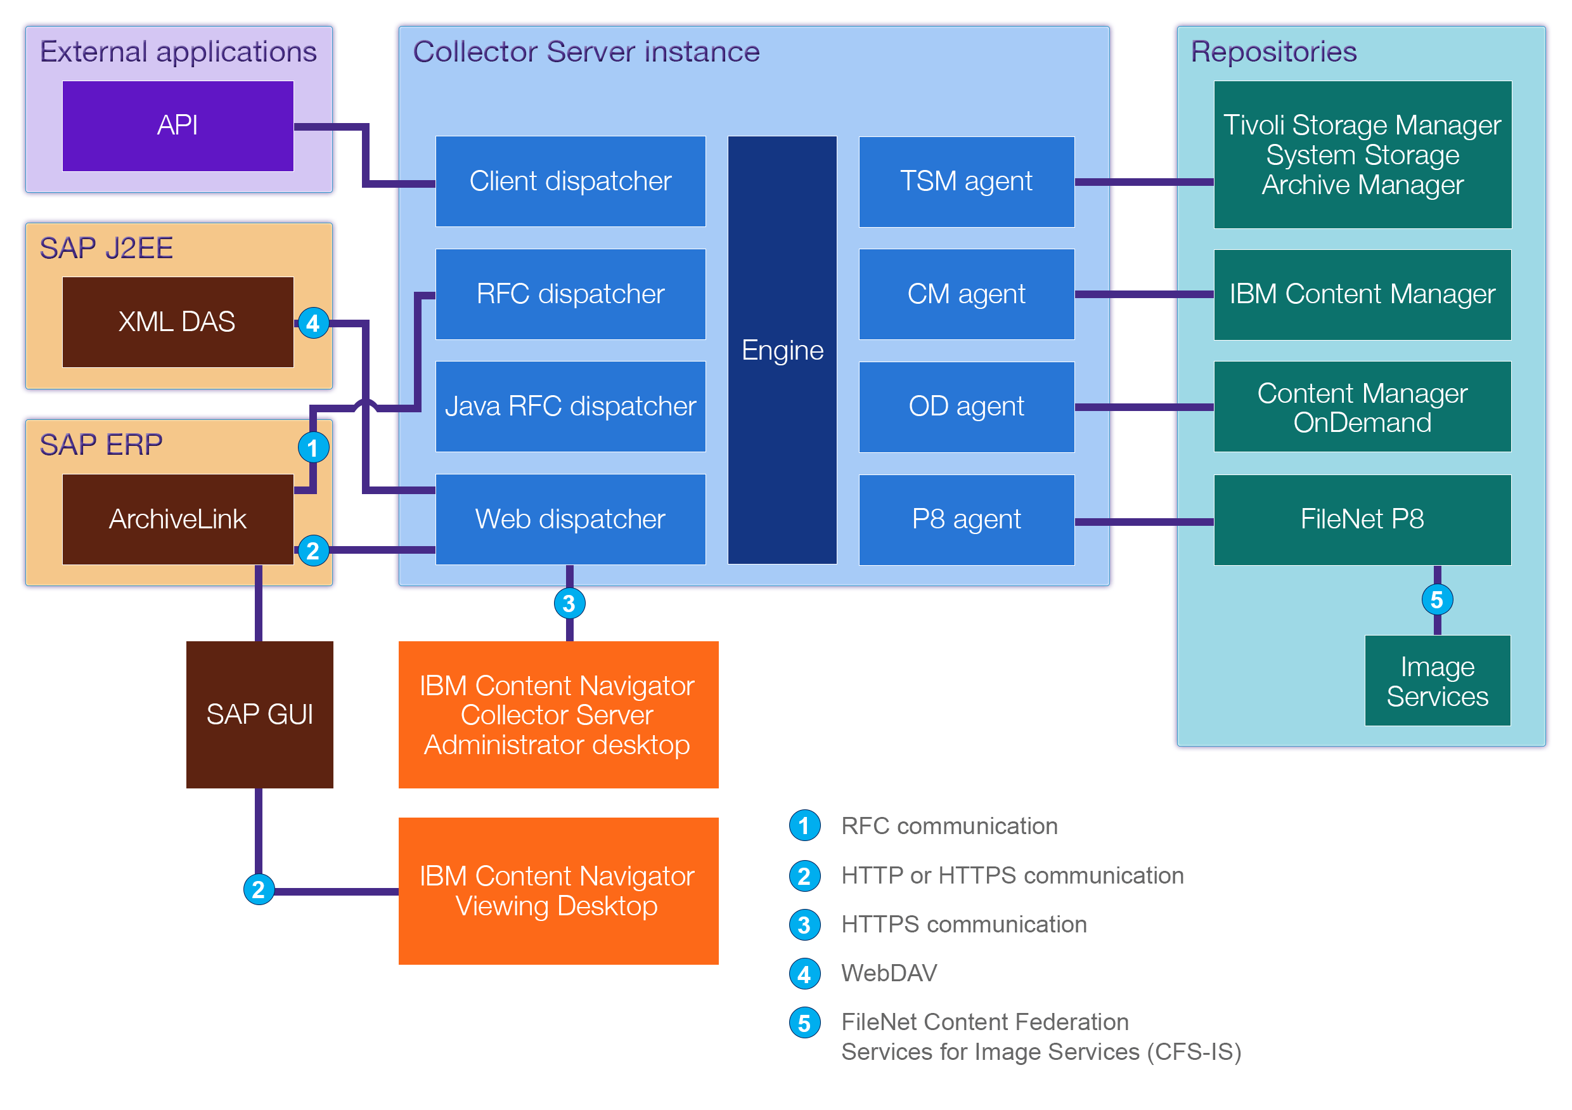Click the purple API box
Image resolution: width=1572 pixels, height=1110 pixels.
click(x=178, y=126)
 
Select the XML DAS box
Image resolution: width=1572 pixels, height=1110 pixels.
click(x=178, y=322)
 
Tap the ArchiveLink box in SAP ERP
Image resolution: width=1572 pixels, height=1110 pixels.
click(x=178, y=519)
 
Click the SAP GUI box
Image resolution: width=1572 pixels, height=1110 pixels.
click(x=259, y=715)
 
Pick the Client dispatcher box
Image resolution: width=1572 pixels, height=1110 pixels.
click(x=570, y=181)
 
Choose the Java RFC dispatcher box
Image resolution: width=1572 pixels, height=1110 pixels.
click(x=570, y=407)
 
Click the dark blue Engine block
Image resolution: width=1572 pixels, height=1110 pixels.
click(x=782, y=350)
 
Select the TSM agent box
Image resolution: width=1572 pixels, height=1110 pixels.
click(x=966, y=181)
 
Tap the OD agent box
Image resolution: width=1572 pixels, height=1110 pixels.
click(x=966, y=407)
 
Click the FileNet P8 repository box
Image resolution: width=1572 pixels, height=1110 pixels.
click(x=1362, y=519)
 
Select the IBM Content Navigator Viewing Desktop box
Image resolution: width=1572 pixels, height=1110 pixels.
click(x=558, y=891)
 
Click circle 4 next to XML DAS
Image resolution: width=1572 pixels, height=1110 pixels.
click(x=313, y=323)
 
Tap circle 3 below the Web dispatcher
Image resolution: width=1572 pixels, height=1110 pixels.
click(x=569, y=604)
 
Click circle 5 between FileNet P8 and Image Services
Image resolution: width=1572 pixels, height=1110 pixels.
click(x=1436, y=600)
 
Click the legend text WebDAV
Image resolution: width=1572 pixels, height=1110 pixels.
click(x=889, y=973)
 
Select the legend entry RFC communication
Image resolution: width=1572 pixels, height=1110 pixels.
click(x=949, y=826)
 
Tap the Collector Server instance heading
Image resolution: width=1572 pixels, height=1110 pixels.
click(x=586, y=52)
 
